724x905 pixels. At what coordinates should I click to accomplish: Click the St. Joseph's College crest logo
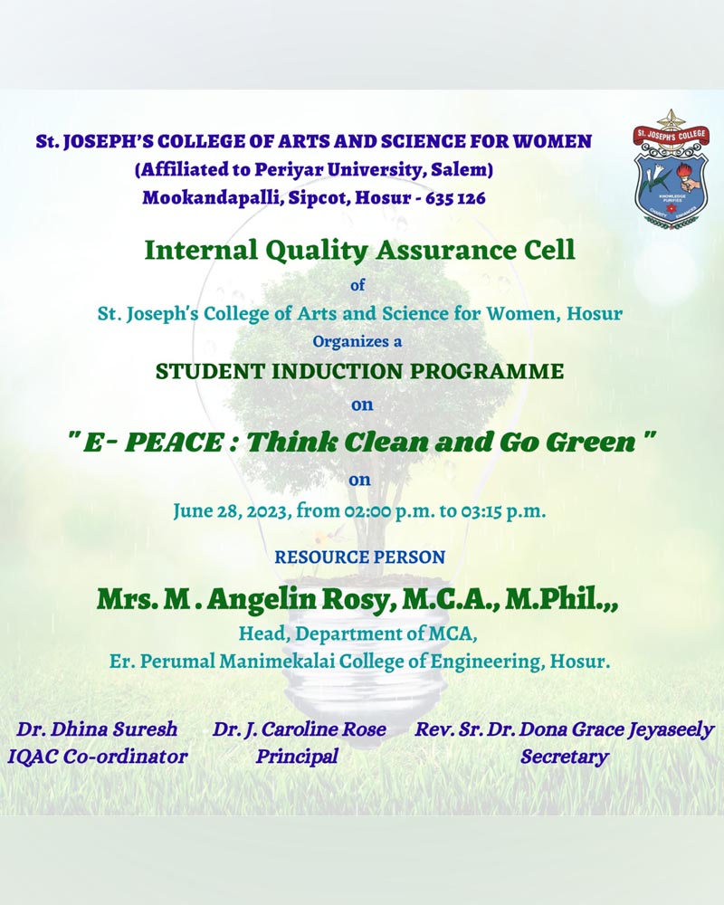tap(671, 169)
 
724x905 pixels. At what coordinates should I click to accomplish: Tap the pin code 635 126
tap(455, 198)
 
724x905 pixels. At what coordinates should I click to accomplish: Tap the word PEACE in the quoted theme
tap(174, 443)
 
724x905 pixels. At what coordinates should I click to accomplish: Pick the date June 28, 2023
tap(232, 511)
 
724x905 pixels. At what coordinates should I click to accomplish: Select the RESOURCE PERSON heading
tap(359, 557)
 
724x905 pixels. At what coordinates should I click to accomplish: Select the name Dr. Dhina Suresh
tap(97, 729)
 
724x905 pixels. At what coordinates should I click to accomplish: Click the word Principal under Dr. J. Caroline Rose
tap(297, 757)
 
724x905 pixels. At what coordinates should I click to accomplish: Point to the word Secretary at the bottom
tap(565, 757)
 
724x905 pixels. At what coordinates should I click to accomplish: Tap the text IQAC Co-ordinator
tap(98, 757)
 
